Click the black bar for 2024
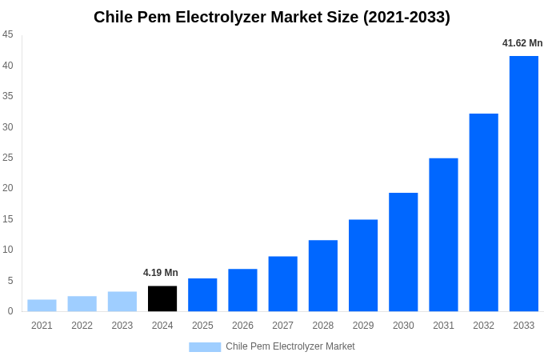[162, 298]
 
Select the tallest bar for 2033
[523, 183]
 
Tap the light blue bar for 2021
[42, 306]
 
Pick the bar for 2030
[403, 252]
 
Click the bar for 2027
[282, 284]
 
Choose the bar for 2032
[483, 212]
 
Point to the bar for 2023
[122, 302]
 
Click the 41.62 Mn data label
[522, 43]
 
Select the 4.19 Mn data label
[161, 273]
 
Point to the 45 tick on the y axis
[8, 34]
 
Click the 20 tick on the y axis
[8, 188]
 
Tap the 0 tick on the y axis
[10, 311]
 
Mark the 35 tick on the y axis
[8, 96]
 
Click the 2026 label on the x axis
[242, 326]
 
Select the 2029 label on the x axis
[363, 326]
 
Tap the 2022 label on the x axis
[82, 326]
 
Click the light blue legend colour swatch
[205, 347]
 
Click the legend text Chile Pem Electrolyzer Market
[290, 346]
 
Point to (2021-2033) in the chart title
[406, 17]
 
